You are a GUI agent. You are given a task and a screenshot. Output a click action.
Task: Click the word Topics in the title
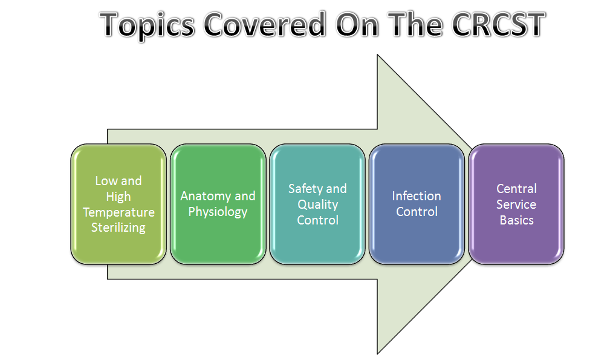click(x=147, y=25)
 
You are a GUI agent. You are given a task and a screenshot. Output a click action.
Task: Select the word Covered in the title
click(x=265, y=24)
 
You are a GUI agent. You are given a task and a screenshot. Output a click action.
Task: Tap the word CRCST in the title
click(x=498, y=24)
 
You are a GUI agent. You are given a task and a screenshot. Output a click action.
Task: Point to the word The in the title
click(x=415, y=24)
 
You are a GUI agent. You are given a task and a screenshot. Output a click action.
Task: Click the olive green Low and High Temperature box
click(x=118, y=204)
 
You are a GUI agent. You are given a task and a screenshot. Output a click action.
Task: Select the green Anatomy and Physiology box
click(x=218, y=204)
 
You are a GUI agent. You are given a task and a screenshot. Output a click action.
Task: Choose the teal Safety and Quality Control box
click(x=317, y=204)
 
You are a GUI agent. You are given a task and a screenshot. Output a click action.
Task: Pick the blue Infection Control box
click(x=417, y=204)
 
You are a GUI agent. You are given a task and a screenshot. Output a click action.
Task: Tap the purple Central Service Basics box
click(x=516, y=204)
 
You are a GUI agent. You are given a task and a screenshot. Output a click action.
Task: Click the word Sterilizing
click(x=118, y=227)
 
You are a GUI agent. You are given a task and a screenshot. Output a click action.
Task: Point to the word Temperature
click(x=118, y=212)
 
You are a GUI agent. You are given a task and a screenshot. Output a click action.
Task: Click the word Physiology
click(x=218, y=212)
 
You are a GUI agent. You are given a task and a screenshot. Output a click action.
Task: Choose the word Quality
click(x=318, y=205)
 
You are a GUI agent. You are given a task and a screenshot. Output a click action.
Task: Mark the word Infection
click(x=417, y=196)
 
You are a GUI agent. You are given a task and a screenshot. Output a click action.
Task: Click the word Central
click(x=517, y=189)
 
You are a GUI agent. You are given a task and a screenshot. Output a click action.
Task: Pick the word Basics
click(x=517, y=220)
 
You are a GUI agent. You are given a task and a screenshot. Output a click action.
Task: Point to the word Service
click(x=516, y=205)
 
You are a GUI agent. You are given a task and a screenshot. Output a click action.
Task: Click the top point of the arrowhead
click(x=377, y=55)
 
